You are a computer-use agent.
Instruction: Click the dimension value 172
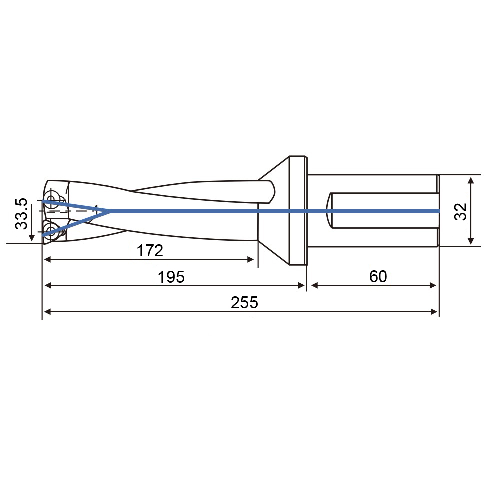[150, 250]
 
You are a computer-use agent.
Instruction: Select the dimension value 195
[171, 277]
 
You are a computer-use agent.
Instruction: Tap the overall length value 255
[245, 302]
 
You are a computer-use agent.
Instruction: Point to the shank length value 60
[378, 276]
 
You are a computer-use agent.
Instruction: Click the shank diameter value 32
[460, 212]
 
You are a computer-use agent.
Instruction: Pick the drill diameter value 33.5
[21, 214]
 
